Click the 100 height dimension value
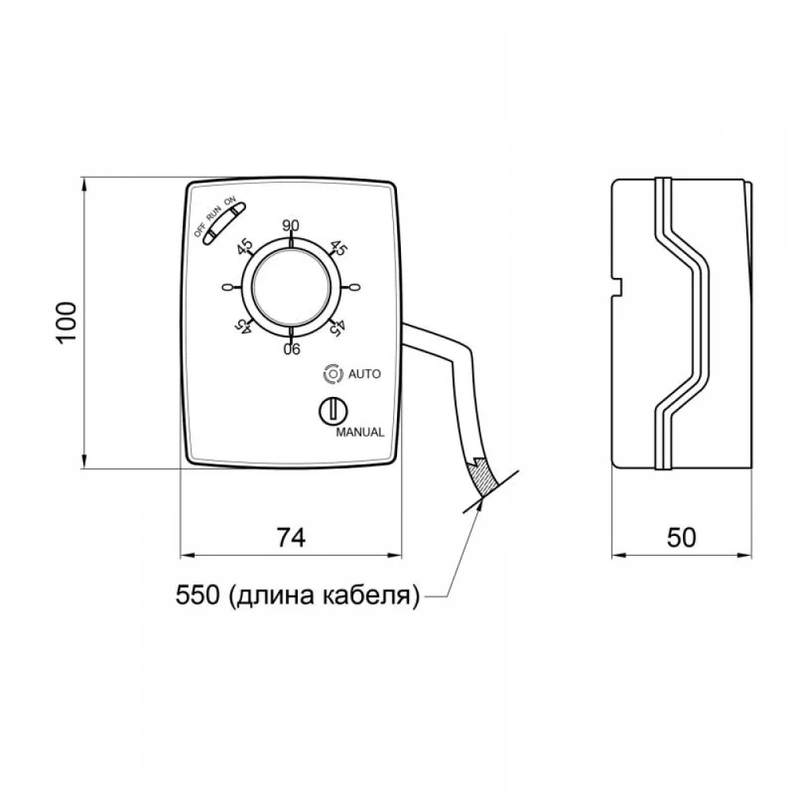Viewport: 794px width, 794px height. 67,322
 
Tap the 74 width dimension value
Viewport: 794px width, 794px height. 291,538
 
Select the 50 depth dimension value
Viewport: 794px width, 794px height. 681,538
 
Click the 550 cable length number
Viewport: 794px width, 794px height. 198,595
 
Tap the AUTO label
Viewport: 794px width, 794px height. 364,374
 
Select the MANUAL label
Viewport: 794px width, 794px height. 360,433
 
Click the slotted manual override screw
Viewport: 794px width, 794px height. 333,410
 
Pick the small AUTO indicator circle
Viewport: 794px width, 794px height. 332,374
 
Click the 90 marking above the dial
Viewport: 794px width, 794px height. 291,225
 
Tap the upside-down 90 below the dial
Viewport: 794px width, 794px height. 291,349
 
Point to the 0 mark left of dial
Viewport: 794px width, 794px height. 227,287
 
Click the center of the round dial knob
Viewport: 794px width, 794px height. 291,287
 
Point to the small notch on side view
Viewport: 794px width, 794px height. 617,286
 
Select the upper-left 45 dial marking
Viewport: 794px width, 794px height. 245,247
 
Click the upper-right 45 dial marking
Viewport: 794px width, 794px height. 338,248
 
